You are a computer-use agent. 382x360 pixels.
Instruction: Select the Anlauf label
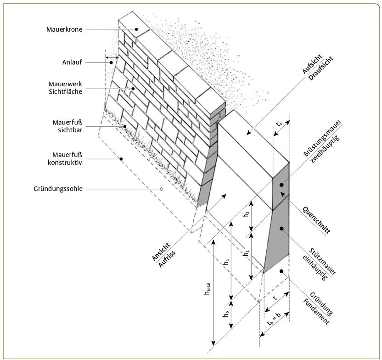point(72,62)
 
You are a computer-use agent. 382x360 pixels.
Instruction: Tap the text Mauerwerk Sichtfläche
point(65,88)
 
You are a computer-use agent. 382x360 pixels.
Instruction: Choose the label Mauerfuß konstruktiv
point(65,158)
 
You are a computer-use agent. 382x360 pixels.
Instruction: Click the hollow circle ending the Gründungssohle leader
point(162,189)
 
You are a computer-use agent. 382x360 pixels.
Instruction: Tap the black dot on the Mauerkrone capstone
point(136,29)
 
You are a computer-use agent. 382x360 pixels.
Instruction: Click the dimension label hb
point(225,315)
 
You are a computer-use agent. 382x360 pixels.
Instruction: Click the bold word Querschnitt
point(317,220)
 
